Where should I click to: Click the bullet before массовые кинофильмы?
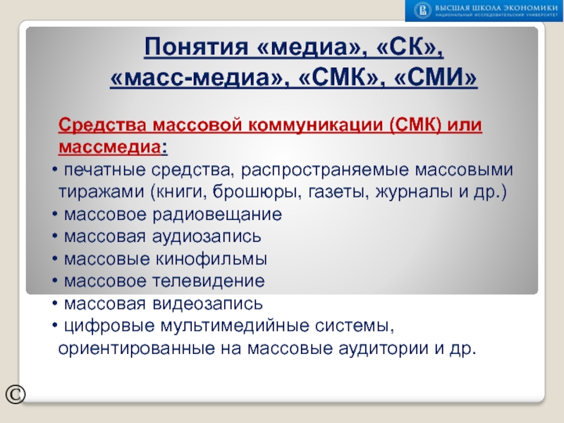point(55,259)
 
